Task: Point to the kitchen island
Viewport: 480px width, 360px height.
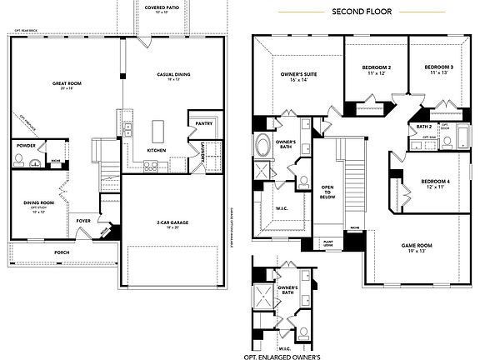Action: click(x=157, y=132)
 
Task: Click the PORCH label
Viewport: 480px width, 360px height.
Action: click(x=62, y=251)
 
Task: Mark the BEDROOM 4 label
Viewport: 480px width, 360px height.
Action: click(x=435, y=182)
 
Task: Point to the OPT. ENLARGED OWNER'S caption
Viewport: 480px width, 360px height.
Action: click(x=282, y=356)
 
